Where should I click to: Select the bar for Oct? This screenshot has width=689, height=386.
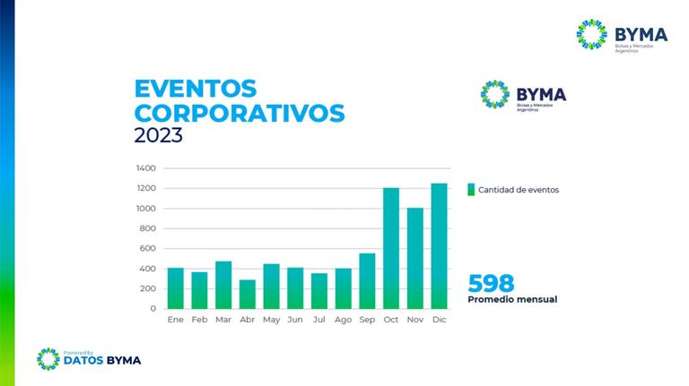(391, 248)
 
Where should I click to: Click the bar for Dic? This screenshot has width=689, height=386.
(439, 246)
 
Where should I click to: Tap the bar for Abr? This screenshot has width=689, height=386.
(248, 295)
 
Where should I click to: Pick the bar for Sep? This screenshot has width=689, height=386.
(367, 281)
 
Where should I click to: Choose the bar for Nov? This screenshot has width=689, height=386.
(415, 258)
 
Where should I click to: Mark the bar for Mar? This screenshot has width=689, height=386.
(223, 285)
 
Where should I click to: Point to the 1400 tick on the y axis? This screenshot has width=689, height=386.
(146, 168)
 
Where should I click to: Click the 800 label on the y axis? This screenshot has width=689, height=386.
(148, 228)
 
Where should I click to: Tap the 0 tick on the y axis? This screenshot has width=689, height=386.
(153, 308)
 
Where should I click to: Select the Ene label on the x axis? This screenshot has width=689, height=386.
(175, 320)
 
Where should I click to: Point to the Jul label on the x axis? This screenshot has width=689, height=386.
(319, 320)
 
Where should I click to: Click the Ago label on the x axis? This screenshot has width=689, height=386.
(344, 320)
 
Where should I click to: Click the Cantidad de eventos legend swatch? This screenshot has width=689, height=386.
(471, 190)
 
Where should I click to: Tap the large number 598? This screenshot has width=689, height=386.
(491, 283)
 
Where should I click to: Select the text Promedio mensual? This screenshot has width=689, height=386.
(512, 300)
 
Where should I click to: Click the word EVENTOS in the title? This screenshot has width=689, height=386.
(196, 89)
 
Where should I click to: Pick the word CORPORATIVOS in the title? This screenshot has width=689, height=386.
(240, 113)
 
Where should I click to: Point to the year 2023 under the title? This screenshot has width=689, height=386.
(158, 135)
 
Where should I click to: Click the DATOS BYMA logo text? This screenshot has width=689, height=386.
(102, 361)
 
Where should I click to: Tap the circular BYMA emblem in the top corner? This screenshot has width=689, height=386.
(591, 34)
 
